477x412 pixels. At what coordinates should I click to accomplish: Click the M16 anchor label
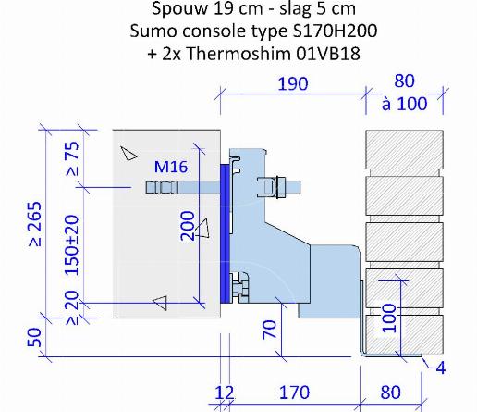click(x=171, y=167)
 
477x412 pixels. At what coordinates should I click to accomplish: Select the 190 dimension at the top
click(x=293, y=84)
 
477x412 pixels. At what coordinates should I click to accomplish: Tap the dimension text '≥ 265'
click(x=35, y=224)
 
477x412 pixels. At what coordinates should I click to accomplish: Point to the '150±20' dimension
click(x=72, y=245)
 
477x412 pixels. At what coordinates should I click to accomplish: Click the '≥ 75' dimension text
click(x=72, y=158)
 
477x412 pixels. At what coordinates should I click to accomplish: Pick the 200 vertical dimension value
click(x=188, y=226)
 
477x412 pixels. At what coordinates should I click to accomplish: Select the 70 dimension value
click(x=269, y=330)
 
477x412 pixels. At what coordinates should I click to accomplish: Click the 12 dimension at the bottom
click(x=224, y=393)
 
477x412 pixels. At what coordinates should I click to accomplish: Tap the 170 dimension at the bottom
click(x=294, y=393)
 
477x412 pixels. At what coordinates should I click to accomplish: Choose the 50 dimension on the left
click(x=34, y=337)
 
